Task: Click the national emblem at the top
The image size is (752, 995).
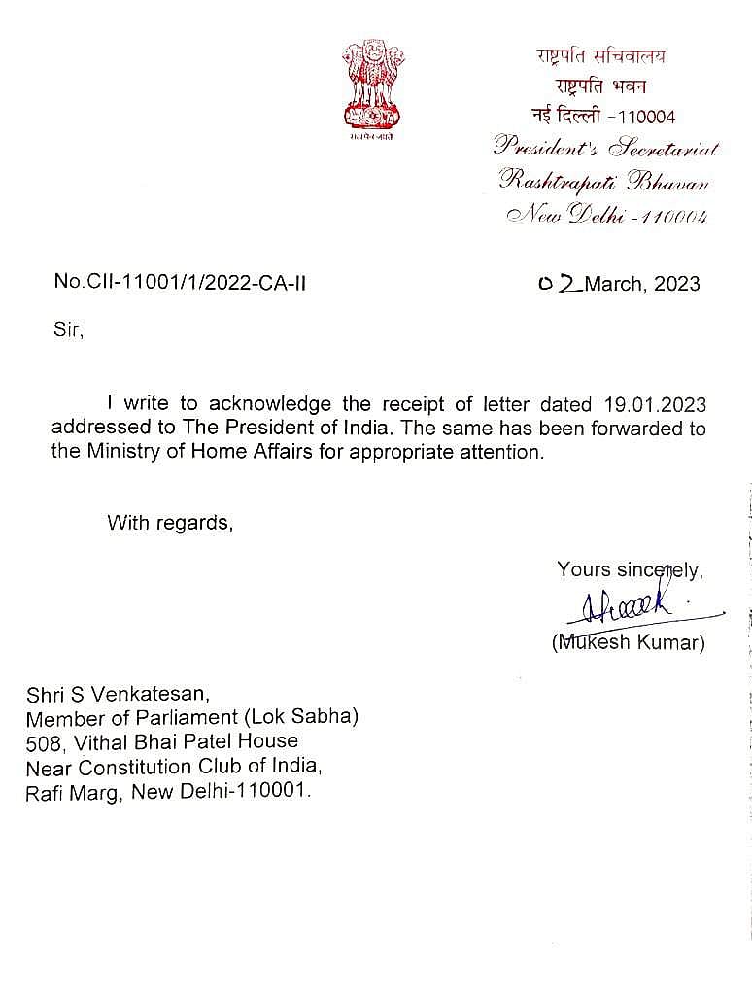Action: pos(365,89)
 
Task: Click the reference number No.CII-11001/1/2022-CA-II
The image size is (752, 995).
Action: pos(180,283)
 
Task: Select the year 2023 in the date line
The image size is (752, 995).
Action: pos(676,284)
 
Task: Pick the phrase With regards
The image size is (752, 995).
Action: pos(170,523)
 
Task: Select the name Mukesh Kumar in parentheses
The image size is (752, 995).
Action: pos(629,642)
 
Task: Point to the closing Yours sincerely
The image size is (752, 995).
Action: pos(630,570)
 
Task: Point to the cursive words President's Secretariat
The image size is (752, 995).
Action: pos(606,148)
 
